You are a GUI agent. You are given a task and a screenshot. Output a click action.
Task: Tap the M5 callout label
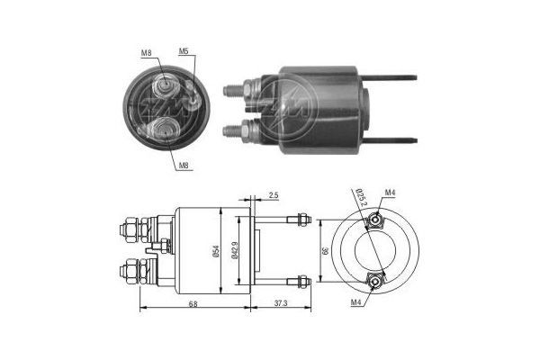tap(184, 51)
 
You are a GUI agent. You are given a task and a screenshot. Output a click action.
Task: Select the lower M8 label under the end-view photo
tap(184, 166)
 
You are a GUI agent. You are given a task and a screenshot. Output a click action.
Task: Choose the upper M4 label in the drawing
tap(390, 193)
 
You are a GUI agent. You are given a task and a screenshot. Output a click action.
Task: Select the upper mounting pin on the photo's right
tap(396, 78)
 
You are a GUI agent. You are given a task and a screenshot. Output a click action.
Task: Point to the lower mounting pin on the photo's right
tap(396, 140)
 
